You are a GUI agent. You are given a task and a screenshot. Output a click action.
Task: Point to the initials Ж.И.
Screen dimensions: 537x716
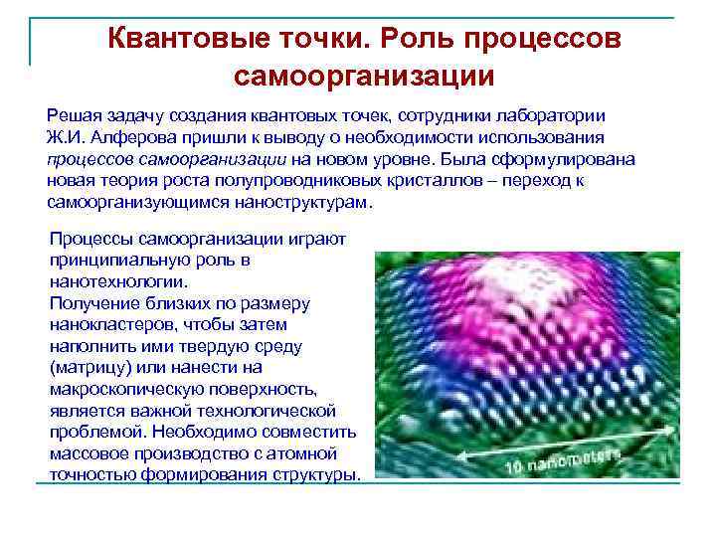66,136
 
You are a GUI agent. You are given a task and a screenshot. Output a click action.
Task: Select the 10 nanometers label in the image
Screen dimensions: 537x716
562,459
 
